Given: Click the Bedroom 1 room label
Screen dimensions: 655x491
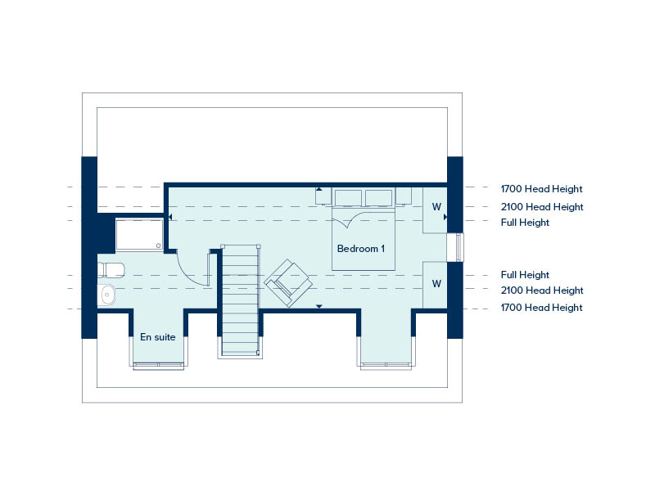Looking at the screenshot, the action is pos(360,249).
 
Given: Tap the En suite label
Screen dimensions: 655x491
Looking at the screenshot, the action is pos(157,337).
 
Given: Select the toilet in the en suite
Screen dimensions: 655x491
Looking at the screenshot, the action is pos(111,270).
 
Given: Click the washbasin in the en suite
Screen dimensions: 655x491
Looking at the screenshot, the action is pos(106,295).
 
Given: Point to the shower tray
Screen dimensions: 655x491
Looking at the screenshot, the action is pos(139,234).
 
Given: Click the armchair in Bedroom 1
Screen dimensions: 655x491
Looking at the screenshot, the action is pos(288,282).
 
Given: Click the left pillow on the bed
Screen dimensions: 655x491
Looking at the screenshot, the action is pos(349,198).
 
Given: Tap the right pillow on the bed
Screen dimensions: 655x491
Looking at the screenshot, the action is pos(378,198).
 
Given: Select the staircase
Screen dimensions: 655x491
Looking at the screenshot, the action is pos(240,300).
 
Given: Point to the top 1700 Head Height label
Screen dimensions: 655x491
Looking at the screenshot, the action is pos(541,189).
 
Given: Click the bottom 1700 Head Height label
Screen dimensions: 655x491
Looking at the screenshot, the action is pos(541,308).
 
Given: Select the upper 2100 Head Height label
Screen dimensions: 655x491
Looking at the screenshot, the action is pos(542,207).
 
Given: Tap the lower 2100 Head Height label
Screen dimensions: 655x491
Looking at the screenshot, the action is pos(542,291).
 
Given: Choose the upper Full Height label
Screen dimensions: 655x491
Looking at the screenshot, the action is pos(525,223).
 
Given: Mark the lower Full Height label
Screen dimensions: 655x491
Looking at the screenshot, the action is pos(525,275).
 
